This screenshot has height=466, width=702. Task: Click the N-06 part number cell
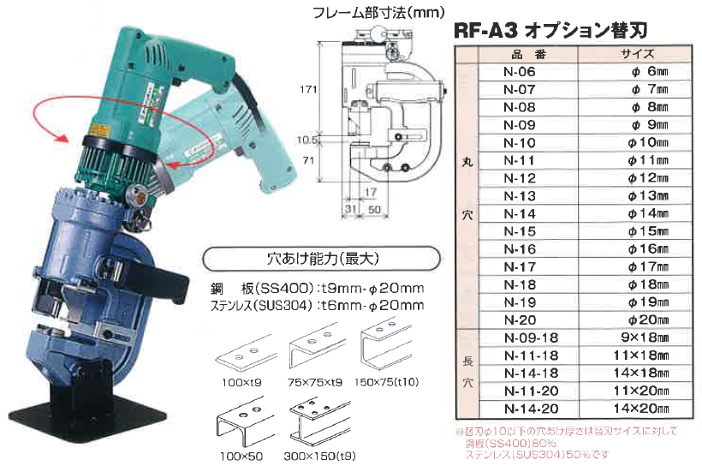pyautogui.click(x=520, y=72)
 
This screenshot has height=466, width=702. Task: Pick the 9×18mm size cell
pyautogui.click(x=637, y=337)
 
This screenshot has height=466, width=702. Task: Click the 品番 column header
pyautogui.click(x=520, y=53)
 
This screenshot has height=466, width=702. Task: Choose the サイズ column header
pyautogui.click(x=637, y=53)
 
